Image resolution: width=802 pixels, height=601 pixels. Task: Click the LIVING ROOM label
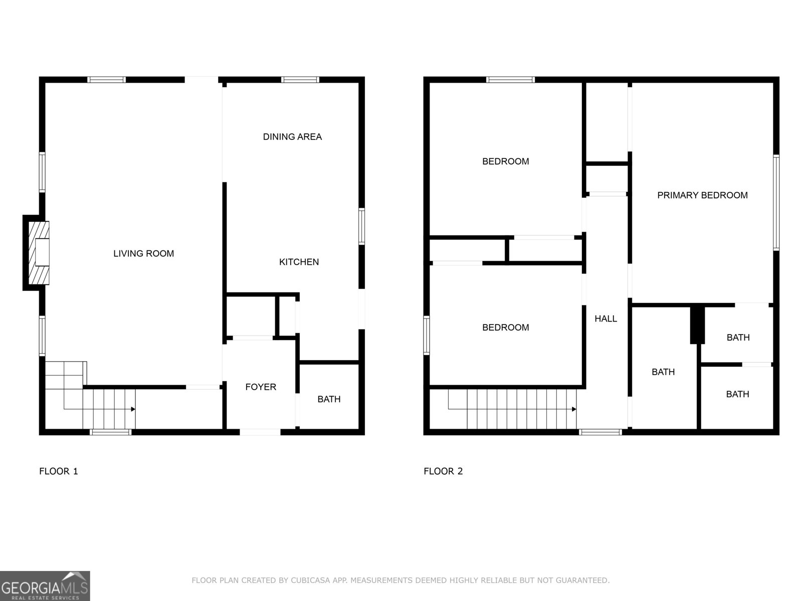tap(143, 253)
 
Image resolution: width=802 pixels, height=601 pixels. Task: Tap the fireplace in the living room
tap(39, 252)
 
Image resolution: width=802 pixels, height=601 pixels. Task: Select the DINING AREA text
tap(292, 137)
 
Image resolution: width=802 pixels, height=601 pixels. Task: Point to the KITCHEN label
tap(299, 262)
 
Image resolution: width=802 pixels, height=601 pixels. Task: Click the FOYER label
tap(261, 387)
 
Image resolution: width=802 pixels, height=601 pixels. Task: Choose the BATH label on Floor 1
tap(329, 399)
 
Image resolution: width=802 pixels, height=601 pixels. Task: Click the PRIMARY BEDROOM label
tap(702, 195)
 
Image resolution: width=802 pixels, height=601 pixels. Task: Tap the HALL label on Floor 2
tap(606, 319)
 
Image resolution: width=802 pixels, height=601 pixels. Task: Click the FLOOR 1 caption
tap(59, 471)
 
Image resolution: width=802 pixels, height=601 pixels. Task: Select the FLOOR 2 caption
tap(443, 471)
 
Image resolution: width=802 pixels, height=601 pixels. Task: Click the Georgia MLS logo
tap(45, 586)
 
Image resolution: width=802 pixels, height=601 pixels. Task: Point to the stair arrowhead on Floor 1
tap(133, 409)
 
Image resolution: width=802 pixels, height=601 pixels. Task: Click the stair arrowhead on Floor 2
tap(574, 409)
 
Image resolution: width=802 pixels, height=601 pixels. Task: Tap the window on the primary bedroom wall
tap(776, 202)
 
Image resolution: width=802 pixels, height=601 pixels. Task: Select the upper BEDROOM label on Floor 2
tap(505, 161)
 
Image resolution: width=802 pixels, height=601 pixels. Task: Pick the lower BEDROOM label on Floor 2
tap(505, 328)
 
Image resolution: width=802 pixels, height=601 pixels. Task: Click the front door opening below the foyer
tap(260, 432)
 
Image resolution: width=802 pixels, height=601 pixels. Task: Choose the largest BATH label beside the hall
tap(663, 372)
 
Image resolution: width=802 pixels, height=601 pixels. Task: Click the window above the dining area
tap(300, 80)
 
